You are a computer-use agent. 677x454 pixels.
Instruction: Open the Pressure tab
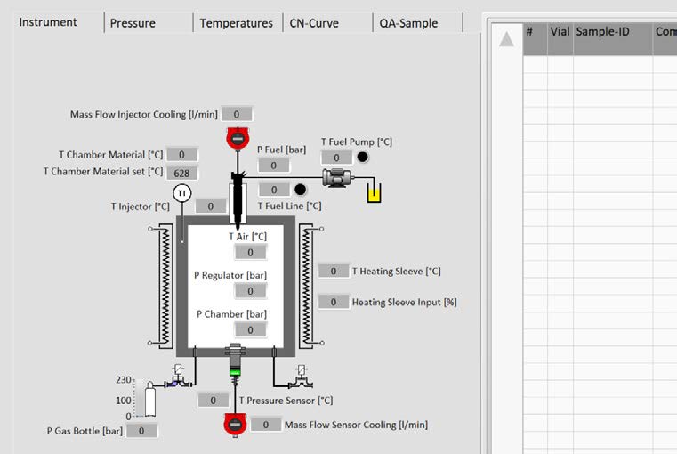click(x=133, y=23)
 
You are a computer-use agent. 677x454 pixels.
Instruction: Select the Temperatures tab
click(x=236, y=23)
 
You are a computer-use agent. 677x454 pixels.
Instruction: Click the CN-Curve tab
click(x=314, y=23)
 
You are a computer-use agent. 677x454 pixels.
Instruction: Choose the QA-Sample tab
click(x=406, y=23)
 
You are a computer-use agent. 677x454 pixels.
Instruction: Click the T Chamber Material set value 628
click(x=182, y=173)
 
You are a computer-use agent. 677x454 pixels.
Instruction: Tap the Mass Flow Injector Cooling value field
click(x=237, y=114)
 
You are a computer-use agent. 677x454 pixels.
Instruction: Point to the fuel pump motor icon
click(x=337, y=178)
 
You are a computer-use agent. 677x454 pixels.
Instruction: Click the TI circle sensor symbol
click(x=181, y=193)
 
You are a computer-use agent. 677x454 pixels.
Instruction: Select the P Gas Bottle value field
click(x=141, y=431)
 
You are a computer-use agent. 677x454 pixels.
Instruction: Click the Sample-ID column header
click(x=602, y=31)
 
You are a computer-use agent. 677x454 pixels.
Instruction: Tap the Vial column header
click(x=560, y=31)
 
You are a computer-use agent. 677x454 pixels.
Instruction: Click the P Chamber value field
click(x=250, y=329)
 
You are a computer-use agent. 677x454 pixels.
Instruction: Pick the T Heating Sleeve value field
click(x=334, y=271)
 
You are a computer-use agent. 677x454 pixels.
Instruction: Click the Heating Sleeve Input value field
click(x=334, y=302)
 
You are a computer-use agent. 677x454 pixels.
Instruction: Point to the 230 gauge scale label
click(x=124, y=380)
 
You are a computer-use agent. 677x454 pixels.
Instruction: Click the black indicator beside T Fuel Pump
click(x=362, y=158)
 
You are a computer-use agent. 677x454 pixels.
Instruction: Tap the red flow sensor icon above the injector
click(x=237, y=138)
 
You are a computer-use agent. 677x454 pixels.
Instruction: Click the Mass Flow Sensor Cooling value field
click(x=265, y=425)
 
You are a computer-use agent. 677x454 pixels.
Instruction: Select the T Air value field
click(x=250, y=252)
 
